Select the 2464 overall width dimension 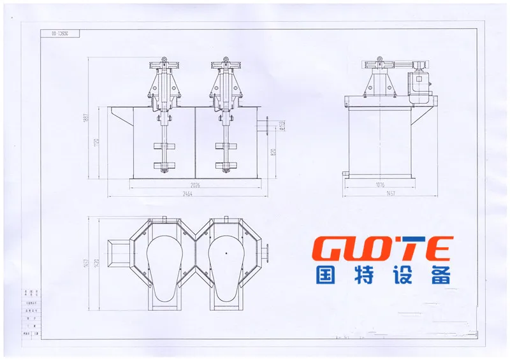coord(187,194)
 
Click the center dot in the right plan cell coord(226,253)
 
